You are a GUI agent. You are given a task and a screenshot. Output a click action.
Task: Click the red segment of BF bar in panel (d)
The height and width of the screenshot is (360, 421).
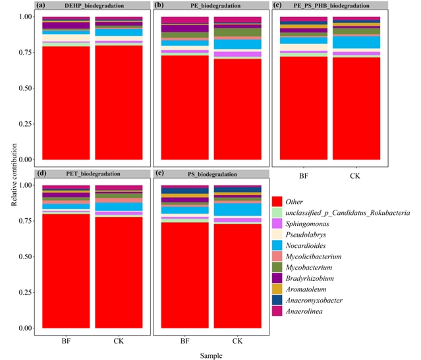point(67,270)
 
